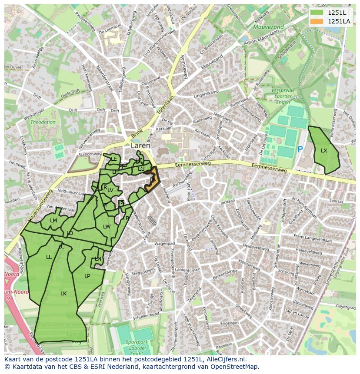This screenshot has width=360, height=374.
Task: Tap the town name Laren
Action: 140,146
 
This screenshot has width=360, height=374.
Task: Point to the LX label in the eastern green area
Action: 324,151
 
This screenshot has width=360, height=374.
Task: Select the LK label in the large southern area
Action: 63,294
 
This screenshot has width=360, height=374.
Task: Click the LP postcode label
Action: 87,276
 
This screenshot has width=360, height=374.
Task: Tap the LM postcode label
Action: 53,221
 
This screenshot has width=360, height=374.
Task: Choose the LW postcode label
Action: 107,227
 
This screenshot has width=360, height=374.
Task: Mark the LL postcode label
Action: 49,257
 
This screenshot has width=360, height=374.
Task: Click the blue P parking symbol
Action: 300,149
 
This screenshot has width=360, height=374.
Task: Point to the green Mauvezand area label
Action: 268,27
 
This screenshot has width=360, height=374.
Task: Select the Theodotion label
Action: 43,122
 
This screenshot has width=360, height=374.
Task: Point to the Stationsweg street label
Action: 90,154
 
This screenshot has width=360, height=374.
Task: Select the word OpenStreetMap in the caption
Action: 234,367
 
